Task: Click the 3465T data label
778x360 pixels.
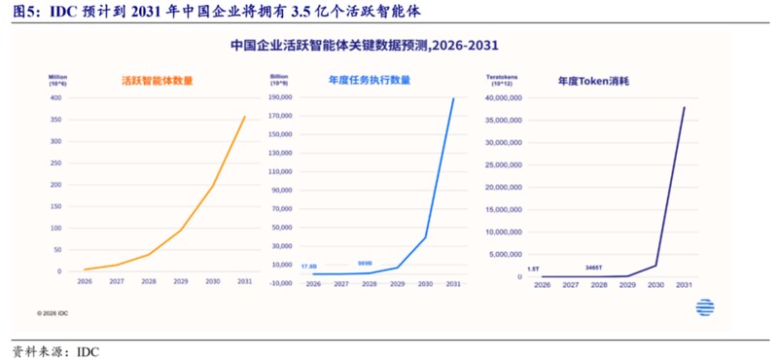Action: (x=593, y=267)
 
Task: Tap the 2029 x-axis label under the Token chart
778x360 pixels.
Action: (x=628, y=285)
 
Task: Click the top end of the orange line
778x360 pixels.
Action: (x=244, y=118)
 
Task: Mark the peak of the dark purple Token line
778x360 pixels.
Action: (x=683, y=107)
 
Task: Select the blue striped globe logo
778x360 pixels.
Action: (x=705, y=307)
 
